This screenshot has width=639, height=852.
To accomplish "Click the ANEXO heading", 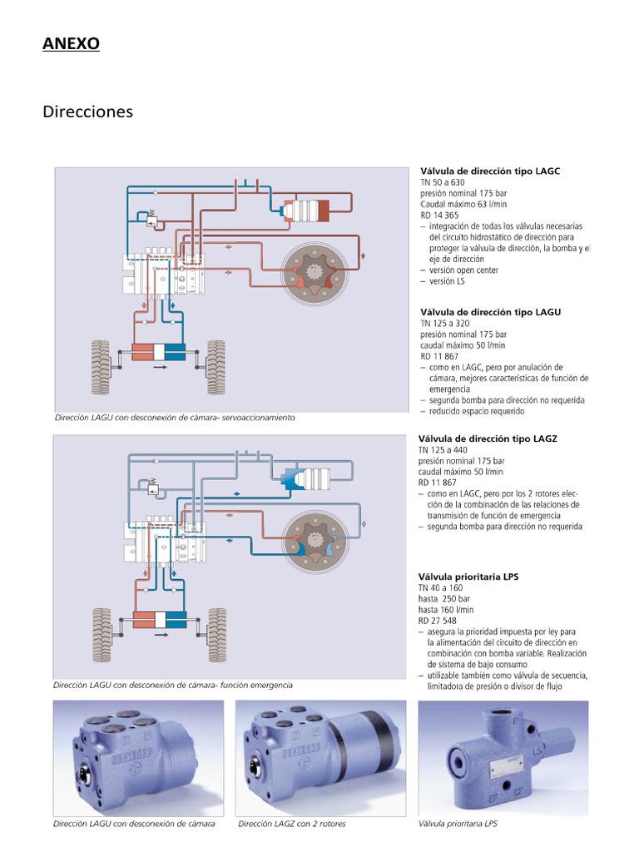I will coord(71,44).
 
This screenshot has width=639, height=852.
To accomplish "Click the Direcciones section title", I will coord(87,111).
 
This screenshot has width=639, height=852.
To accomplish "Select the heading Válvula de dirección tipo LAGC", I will coord(490,171).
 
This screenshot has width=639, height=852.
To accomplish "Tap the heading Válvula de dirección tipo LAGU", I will coord(490,312).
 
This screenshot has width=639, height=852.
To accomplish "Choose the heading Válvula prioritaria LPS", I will coord(468,576).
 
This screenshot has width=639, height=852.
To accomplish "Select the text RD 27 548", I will coord(438,620).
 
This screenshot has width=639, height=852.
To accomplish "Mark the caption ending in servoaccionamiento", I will coord(175,417).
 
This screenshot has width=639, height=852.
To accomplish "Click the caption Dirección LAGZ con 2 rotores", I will coord(291,824).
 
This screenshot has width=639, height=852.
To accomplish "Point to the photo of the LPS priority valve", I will coord(503,757).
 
